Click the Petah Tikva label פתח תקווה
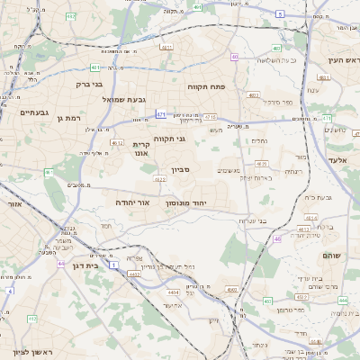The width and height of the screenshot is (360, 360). click(211, 86)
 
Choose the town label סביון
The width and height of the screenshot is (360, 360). click(179, 168)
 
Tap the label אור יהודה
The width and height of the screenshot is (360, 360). click(131, 203)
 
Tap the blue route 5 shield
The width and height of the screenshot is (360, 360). click(280, 14)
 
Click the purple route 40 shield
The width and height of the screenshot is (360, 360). click(234, 57)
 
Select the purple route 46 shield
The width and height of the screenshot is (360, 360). click(277, 238)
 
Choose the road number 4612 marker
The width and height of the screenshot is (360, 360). click(117, 142)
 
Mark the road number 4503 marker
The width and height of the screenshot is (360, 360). click(231, 289)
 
